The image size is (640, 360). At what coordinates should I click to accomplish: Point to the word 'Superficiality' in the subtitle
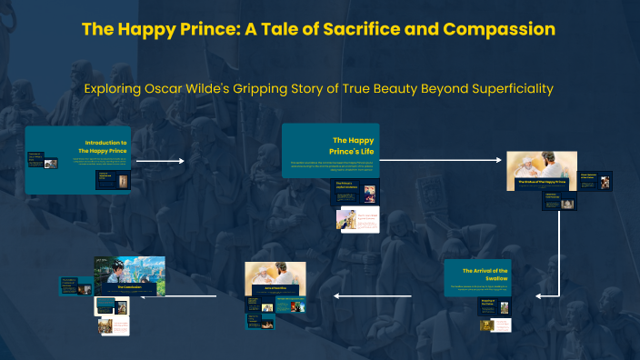[x=505, y=89]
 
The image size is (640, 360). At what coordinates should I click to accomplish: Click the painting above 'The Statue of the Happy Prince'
[x=542, y=169]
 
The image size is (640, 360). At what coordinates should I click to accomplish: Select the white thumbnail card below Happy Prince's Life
[x=357, y=219]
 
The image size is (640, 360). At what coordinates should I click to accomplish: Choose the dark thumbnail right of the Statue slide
[x=595, y=180]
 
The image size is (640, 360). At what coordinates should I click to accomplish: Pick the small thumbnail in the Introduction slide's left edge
[x=35, y=160]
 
